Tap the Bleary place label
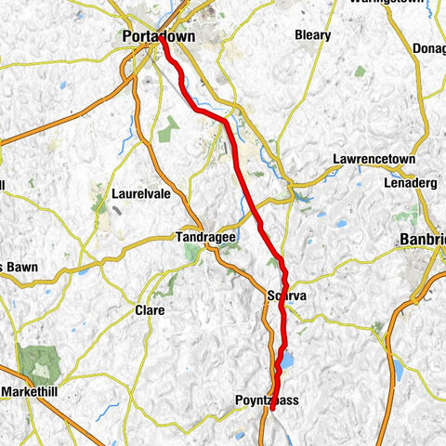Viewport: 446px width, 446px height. [312, 35]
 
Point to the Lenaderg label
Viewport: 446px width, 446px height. [410, 183]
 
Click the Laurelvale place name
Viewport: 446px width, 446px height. [138, 195]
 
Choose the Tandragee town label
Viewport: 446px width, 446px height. [205, 238]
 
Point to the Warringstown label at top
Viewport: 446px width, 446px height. [390, 3]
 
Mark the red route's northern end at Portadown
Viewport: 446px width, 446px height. [162, 38]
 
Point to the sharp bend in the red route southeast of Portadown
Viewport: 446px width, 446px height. [226, 121]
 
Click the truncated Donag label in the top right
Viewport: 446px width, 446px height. [430, 46]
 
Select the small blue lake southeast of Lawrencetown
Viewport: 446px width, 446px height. [342, 224]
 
